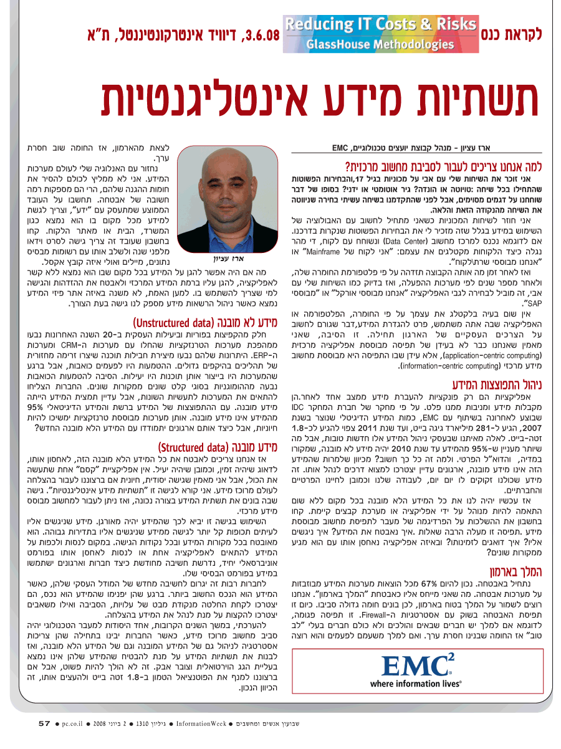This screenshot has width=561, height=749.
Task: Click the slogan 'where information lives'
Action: tap(416, 684)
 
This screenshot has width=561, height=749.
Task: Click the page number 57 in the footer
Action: tap(44, 723)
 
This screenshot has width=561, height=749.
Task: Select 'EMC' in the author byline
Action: tap(340, 148)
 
